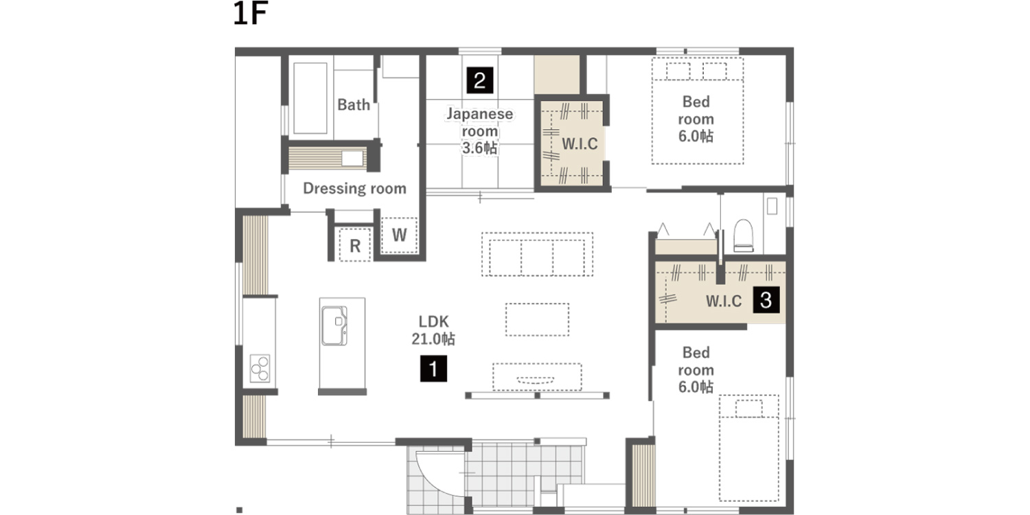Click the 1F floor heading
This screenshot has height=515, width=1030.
251,13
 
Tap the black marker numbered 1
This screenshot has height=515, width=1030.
433,369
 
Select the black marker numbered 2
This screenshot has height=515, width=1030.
480,80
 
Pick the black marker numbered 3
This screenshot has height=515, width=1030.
766,300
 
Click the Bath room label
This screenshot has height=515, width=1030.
354,105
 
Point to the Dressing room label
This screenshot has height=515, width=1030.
354,188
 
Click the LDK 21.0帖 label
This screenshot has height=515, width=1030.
433,330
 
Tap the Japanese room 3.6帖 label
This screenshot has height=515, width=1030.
479,131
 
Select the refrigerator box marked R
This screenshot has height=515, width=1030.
355,245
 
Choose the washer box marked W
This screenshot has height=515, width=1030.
399,235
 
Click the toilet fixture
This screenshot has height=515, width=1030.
743,236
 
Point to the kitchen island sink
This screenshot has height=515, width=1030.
334,325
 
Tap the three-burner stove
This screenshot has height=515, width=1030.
260,368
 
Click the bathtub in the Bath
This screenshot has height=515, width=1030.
310,98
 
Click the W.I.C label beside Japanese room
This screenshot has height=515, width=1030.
580,144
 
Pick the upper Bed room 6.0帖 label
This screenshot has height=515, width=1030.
696,119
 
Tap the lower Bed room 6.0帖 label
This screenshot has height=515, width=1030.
696,369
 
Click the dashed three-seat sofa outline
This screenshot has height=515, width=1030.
537,254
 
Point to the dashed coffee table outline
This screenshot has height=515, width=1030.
537,319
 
